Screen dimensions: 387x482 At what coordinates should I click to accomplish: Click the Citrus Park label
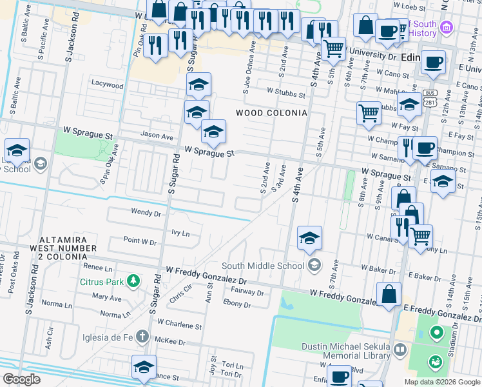101,282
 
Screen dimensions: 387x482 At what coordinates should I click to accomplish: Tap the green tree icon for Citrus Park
133,281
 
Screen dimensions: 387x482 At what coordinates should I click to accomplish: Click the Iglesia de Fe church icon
142,337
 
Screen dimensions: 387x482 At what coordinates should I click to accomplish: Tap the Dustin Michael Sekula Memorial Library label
346,351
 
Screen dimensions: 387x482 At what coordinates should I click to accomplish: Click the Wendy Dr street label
146,212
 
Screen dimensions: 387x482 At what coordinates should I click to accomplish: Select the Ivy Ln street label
181,233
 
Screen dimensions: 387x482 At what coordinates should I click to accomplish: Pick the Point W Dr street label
140,242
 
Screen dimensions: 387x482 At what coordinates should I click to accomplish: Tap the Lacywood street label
107,84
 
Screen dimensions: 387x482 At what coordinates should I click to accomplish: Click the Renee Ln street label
97,267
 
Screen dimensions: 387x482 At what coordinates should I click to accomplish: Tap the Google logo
21,379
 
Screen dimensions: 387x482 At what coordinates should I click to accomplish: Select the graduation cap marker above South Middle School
309,238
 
